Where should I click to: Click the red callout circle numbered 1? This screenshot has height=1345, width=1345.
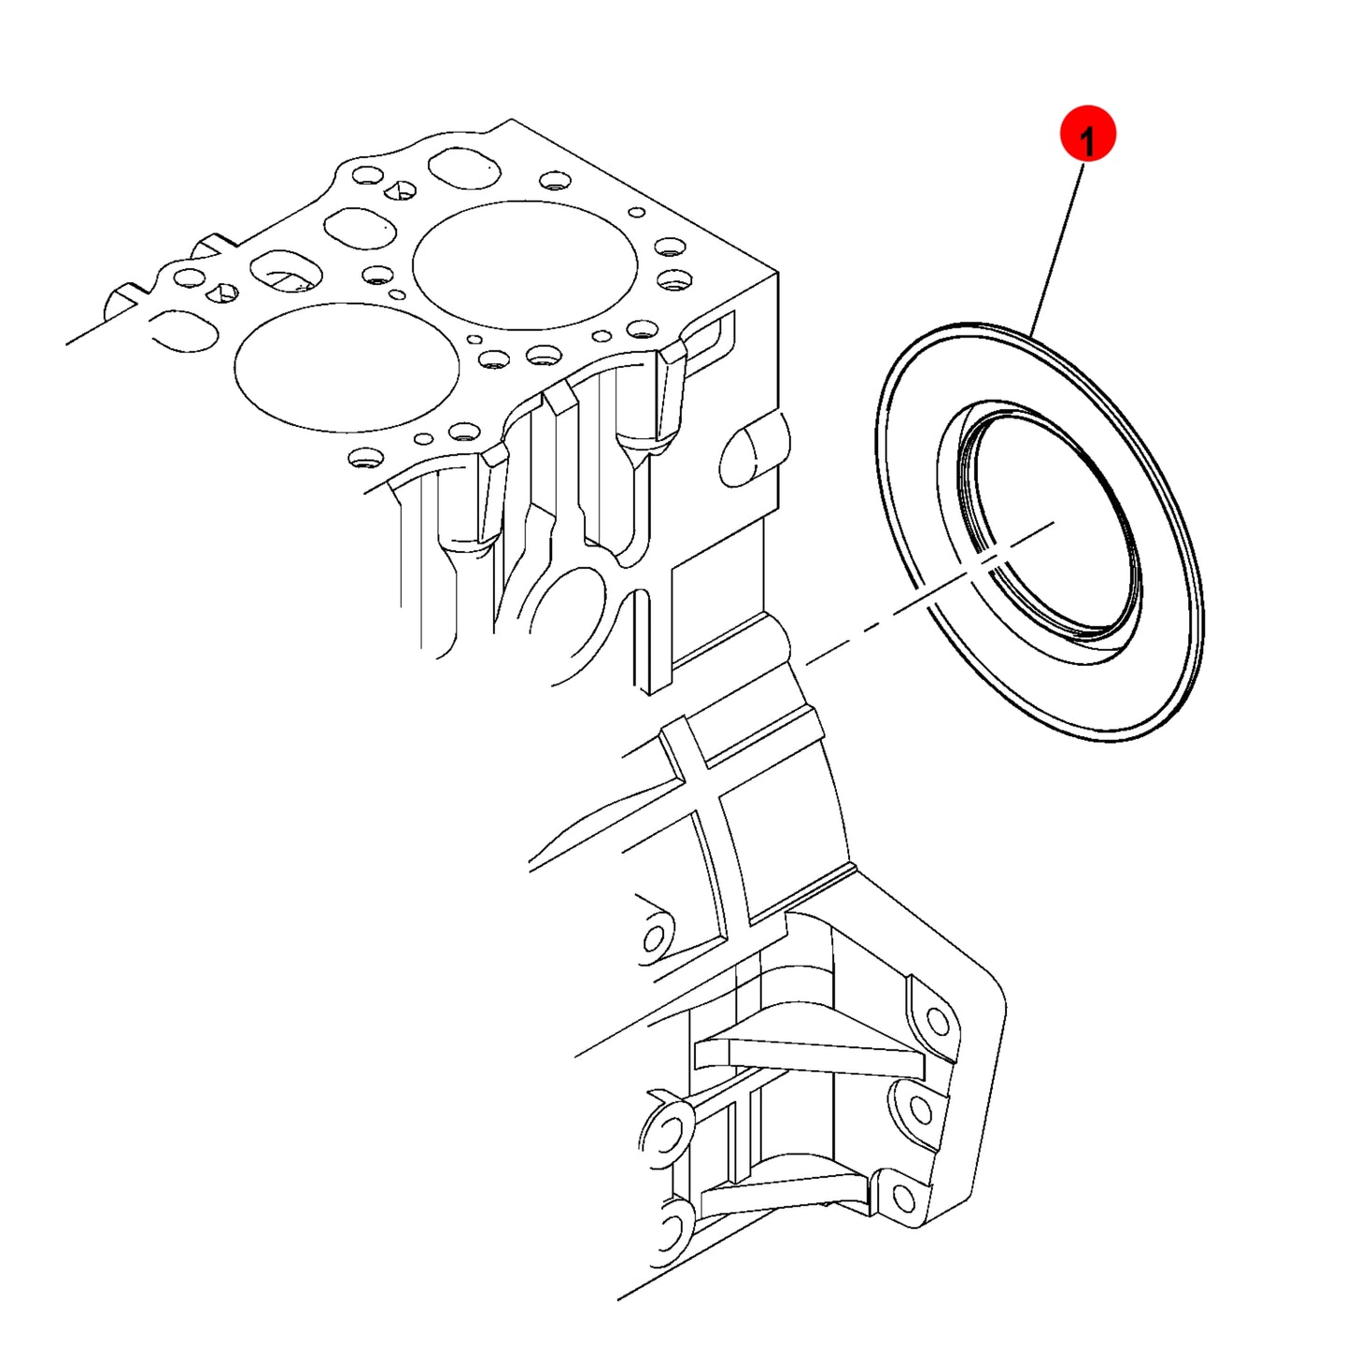pos(1087,134)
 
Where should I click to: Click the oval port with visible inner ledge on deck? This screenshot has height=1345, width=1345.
pos(286,272)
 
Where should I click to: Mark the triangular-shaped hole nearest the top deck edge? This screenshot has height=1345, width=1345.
pos(399,189)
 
